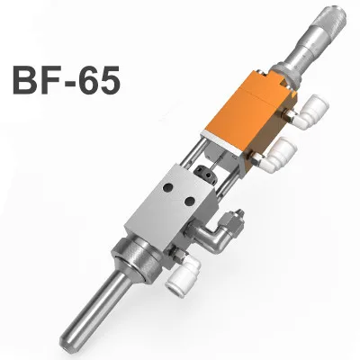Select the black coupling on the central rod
click(204, 172)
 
